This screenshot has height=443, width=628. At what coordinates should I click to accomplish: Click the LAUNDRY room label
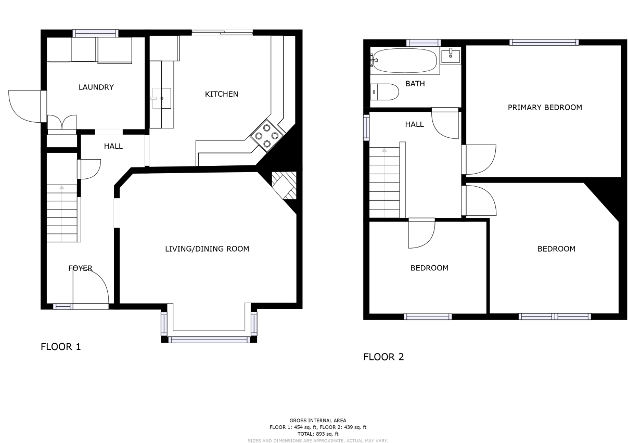96,87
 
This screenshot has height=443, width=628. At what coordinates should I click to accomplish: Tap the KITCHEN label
222,94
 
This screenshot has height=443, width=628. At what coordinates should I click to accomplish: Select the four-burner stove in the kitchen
267,136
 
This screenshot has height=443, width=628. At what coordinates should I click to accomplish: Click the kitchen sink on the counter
162,98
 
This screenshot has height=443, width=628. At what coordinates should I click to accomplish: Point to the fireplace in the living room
284,185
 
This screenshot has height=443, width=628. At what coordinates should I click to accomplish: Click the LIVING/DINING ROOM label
207,249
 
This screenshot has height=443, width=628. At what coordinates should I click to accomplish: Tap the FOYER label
80,268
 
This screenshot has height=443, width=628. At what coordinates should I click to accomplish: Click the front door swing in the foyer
91,288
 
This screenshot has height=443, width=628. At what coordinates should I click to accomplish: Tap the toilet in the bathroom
385,92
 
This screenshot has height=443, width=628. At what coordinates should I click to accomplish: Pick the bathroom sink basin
451,56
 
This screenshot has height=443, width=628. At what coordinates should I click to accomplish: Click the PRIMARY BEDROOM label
545,107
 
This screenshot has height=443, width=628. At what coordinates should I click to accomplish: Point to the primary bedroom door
479,160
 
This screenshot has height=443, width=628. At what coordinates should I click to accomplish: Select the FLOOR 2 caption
383,357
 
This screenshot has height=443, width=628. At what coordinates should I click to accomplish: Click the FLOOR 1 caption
60,347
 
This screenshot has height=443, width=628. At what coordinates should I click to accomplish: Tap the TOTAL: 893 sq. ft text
318,434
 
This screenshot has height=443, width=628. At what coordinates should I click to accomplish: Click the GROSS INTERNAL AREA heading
318,420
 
